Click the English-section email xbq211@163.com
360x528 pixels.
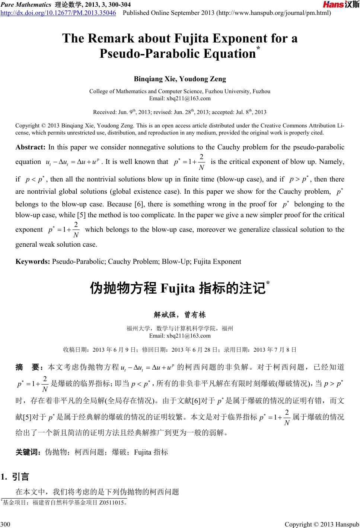click(180, 98)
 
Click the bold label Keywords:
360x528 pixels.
click(33, 261)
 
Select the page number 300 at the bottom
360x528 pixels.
click(6, 525)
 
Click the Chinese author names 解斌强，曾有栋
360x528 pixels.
click(179, 315)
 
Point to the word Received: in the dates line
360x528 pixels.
click(104, 112)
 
